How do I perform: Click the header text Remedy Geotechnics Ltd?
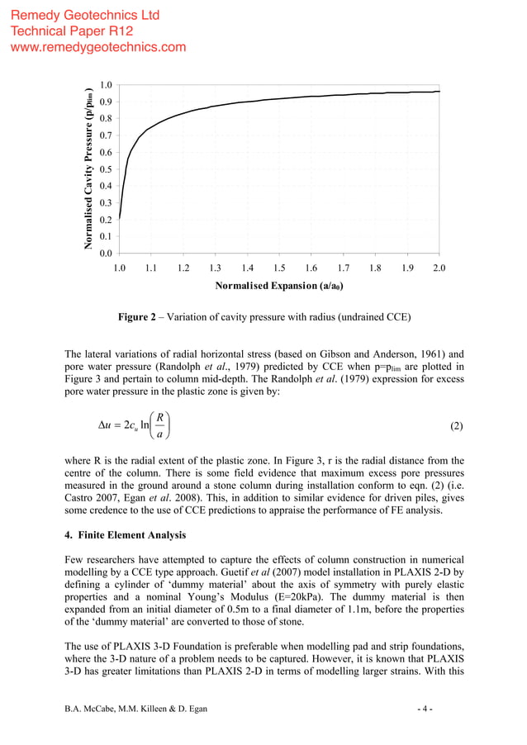pos(85,16)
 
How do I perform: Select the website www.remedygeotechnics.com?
pos(97,47)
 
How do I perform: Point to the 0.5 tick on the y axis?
pos(106,169)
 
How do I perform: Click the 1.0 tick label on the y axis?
pos(106,85)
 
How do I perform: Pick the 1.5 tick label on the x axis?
pos(279,268)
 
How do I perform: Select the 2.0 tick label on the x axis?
pos(439,268)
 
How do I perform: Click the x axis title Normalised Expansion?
pos(278,286)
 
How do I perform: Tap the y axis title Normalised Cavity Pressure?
pos(88,168)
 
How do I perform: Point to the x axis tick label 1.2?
pos(183,268)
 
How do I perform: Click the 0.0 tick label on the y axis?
pos(106,254)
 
